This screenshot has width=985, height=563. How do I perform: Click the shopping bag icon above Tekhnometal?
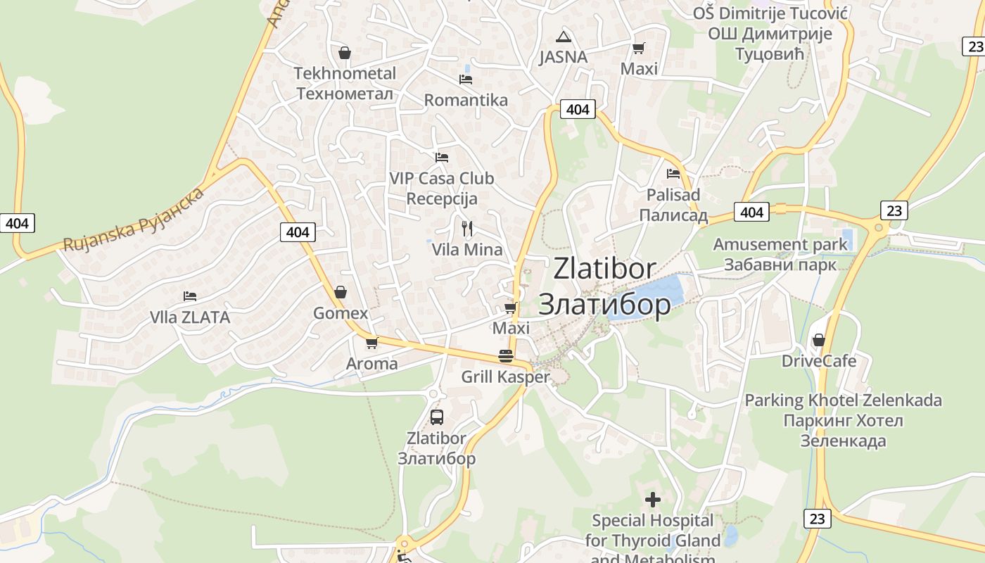[345, 53]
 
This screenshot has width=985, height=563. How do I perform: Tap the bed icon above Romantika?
[465, 80]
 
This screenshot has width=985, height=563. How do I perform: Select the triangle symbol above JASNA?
[563, 37]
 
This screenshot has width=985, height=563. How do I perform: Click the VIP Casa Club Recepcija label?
[442, 189]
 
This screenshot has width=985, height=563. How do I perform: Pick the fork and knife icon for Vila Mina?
[466, 228]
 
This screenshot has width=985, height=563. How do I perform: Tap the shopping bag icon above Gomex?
[341, 292]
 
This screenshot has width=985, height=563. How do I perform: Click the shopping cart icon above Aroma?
[371, 343]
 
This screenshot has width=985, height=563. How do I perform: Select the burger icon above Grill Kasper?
[505, 355]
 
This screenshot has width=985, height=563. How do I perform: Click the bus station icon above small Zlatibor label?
[437, 417]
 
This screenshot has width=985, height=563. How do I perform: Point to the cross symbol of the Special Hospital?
[653, 500]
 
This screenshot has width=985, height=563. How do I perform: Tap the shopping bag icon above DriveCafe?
[819, 340]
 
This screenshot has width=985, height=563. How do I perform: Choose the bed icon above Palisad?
[673, 173]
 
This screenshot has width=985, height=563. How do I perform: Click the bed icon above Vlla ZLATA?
[189, 296]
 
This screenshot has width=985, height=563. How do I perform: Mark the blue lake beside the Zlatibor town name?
[647, 296]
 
